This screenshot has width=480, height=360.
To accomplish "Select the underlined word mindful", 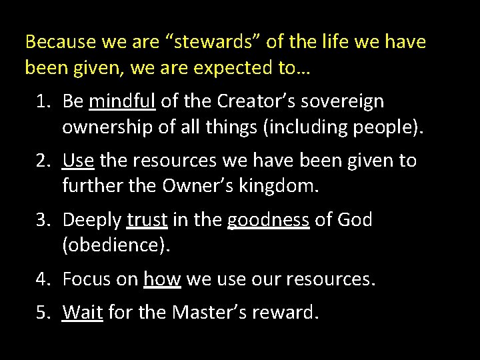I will [x=122, y=101].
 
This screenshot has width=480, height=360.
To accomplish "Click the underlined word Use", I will [x=79, y=161].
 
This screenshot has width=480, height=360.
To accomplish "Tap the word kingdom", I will [x=283, y=187].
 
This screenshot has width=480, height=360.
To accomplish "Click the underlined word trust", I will [x=147, y=220].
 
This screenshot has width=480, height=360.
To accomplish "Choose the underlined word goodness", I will [x=268, y=220].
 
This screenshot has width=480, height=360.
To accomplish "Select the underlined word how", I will [x=162, y=279].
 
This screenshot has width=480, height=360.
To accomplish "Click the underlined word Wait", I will [x=82, y=312].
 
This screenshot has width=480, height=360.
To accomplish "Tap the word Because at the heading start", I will [x=60, y=43].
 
